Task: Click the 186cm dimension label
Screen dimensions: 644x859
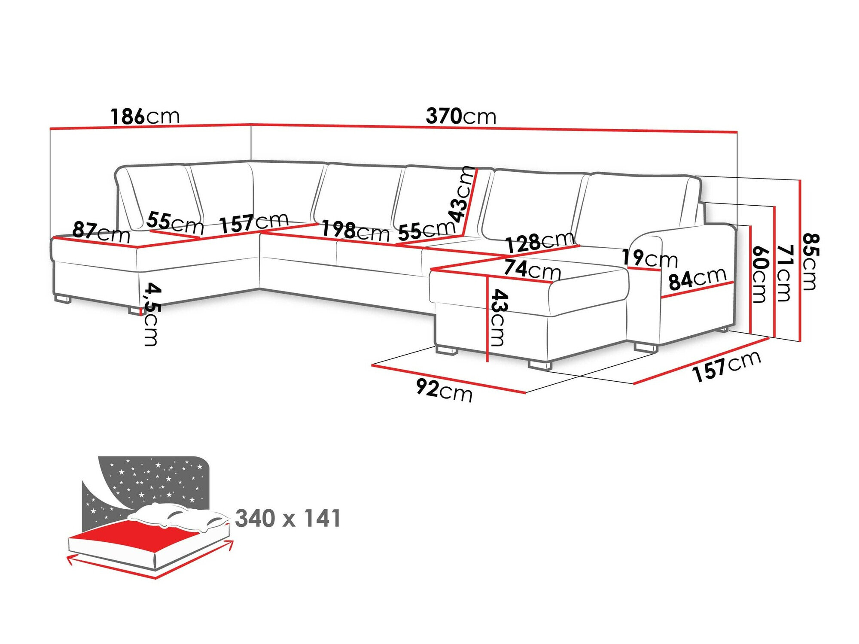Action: tap(145, 116)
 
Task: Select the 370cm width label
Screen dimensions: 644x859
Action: tap(460, 116)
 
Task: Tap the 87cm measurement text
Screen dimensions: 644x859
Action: tap(101, 232)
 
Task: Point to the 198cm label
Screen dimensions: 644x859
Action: tap(355, 231)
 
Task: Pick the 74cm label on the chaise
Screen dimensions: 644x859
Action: tap(532, 269)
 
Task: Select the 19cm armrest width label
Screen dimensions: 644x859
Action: tap(649, 258)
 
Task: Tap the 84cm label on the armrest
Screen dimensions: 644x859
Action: tap(697, 279)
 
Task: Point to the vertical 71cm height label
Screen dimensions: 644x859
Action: tap(784, 273)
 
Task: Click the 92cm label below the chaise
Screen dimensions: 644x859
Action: tap(444, 391)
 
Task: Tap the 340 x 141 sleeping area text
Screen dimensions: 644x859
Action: tap(288, 519)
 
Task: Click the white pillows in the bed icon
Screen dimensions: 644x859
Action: tap(180, 518)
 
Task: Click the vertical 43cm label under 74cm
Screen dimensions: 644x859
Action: tap(499, 318)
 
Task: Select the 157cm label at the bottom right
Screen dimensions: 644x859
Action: tap(726, 366)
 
